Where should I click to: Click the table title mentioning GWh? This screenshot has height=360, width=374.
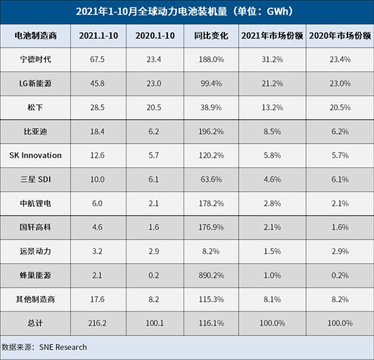coord(184,12)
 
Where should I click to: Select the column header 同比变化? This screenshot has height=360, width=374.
coord(211,36)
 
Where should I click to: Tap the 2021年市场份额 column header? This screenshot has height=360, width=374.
coord(272,36)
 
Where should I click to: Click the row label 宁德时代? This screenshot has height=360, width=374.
coord(35,59)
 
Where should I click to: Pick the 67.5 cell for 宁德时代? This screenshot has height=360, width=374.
coord(97,59)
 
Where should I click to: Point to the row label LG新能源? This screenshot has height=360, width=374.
coord(35,83)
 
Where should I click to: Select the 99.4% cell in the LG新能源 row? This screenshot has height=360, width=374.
coord(211,84)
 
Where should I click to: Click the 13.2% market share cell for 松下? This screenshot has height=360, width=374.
coord(272,108)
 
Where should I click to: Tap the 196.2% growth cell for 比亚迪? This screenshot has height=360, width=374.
coord(211,131)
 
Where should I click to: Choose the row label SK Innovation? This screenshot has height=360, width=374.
coord(35,155)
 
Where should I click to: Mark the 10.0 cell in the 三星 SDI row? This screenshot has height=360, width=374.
coord(97,180)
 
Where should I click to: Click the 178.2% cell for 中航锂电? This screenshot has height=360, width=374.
coord(211,203)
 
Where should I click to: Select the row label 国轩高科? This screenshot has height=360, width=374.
coord(35,227)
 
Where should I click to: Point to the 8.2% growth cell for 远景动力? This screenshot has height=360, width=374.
coord(211,251)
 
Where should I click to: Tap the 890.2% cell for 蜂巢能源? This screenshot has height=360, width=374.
coord(211,276)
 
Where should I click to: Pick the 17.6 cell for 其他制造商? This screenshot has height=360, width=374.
coord(97,299)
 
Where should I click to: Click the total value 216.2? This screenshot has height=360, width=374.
coord(97,323)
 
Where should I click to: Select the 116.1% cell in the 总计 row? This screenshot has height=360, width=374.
coord(211,323)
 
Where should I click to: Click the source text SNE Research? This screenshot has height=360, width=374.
coord(63,347)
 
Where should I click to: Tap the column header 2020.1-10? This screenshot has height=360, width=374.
coord(155,36)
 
